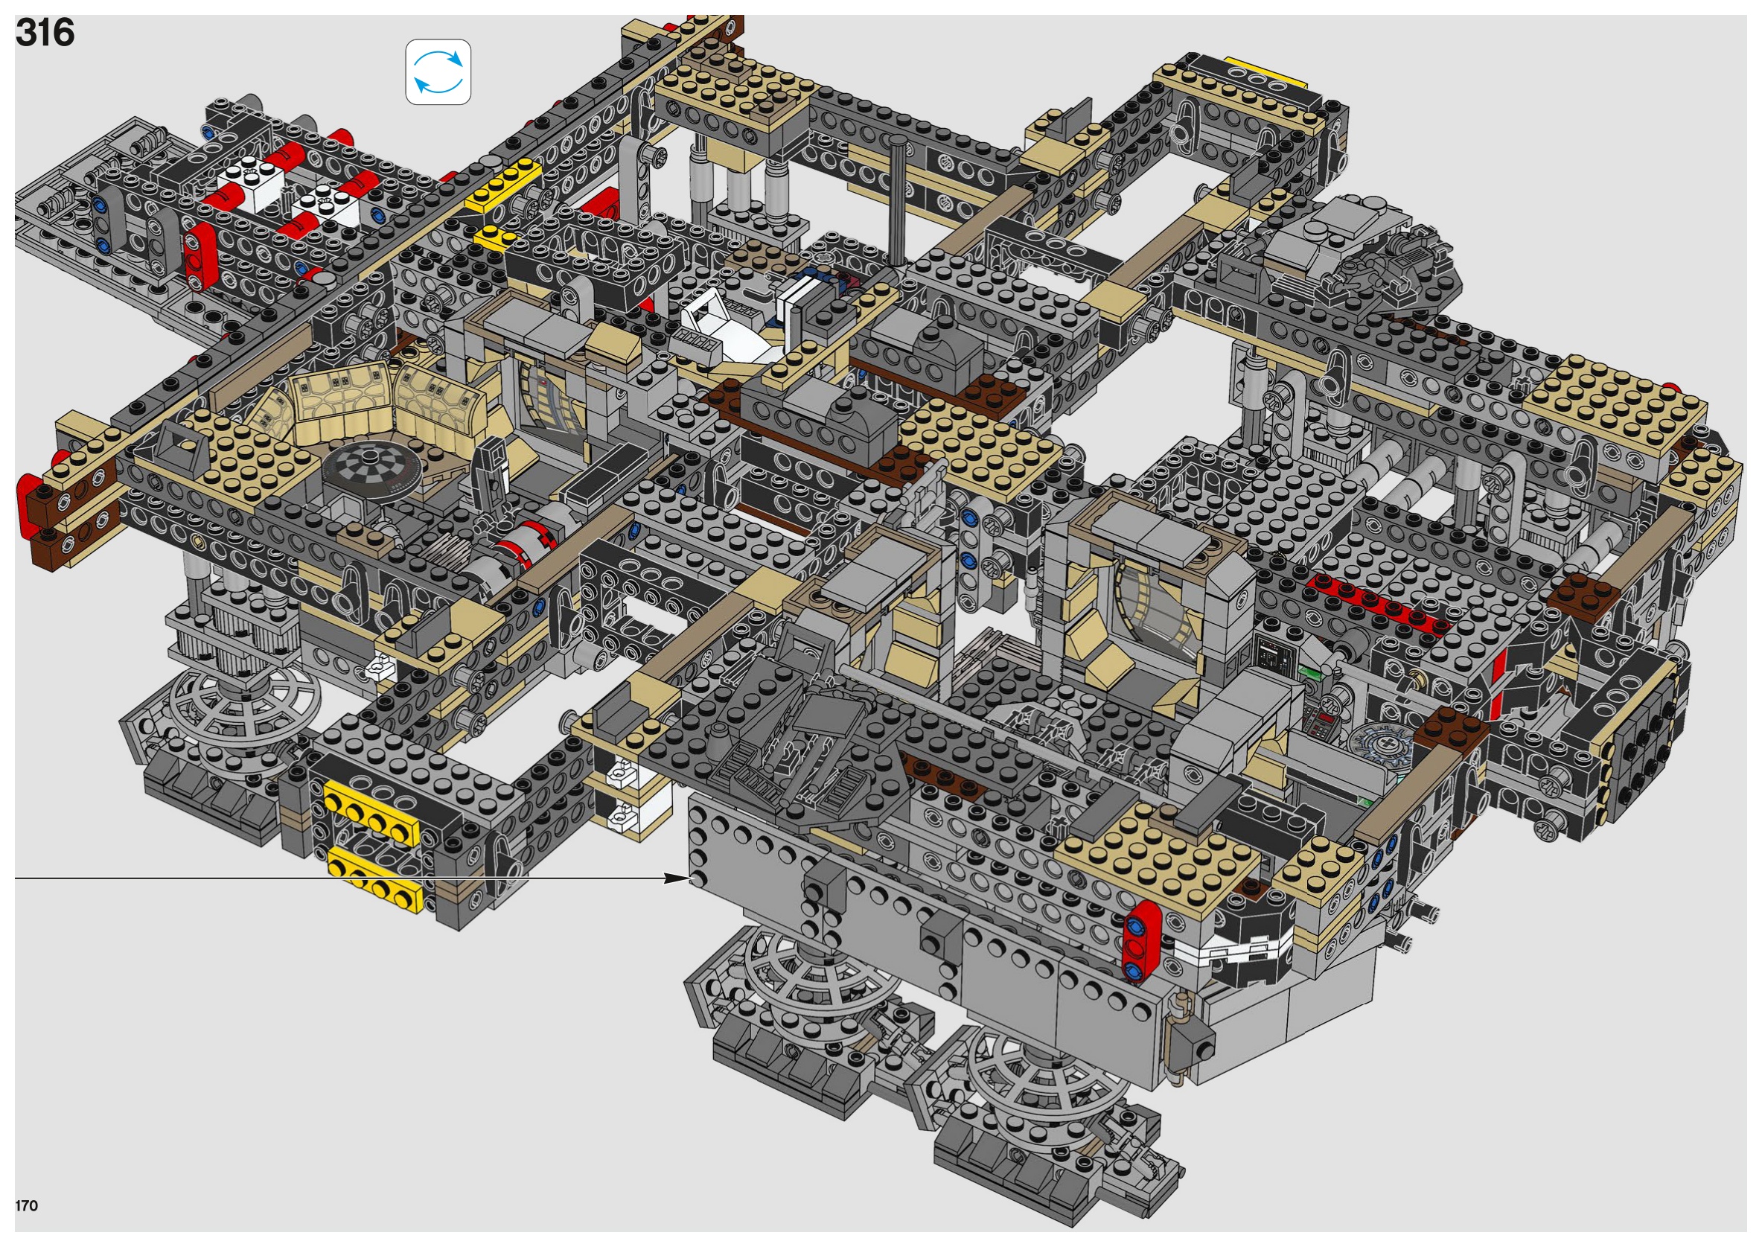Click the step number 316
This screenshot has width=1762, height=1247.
[x=45, y=33]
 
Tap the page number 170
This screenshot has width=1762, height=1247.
[x=26, y=1205]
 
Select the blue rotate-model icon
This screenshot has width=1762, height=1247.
[x=438, y=72]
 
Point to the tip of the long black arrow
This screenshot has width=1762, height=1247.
[x=692, y=878]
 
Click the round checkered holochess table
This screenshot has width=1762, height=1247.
[x=369, y=469]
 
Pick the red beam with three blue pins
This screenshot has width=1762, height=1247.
[x=1142, y=942]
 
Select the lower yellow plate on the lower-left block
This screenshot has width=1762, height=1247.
[x=377, y=880]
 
